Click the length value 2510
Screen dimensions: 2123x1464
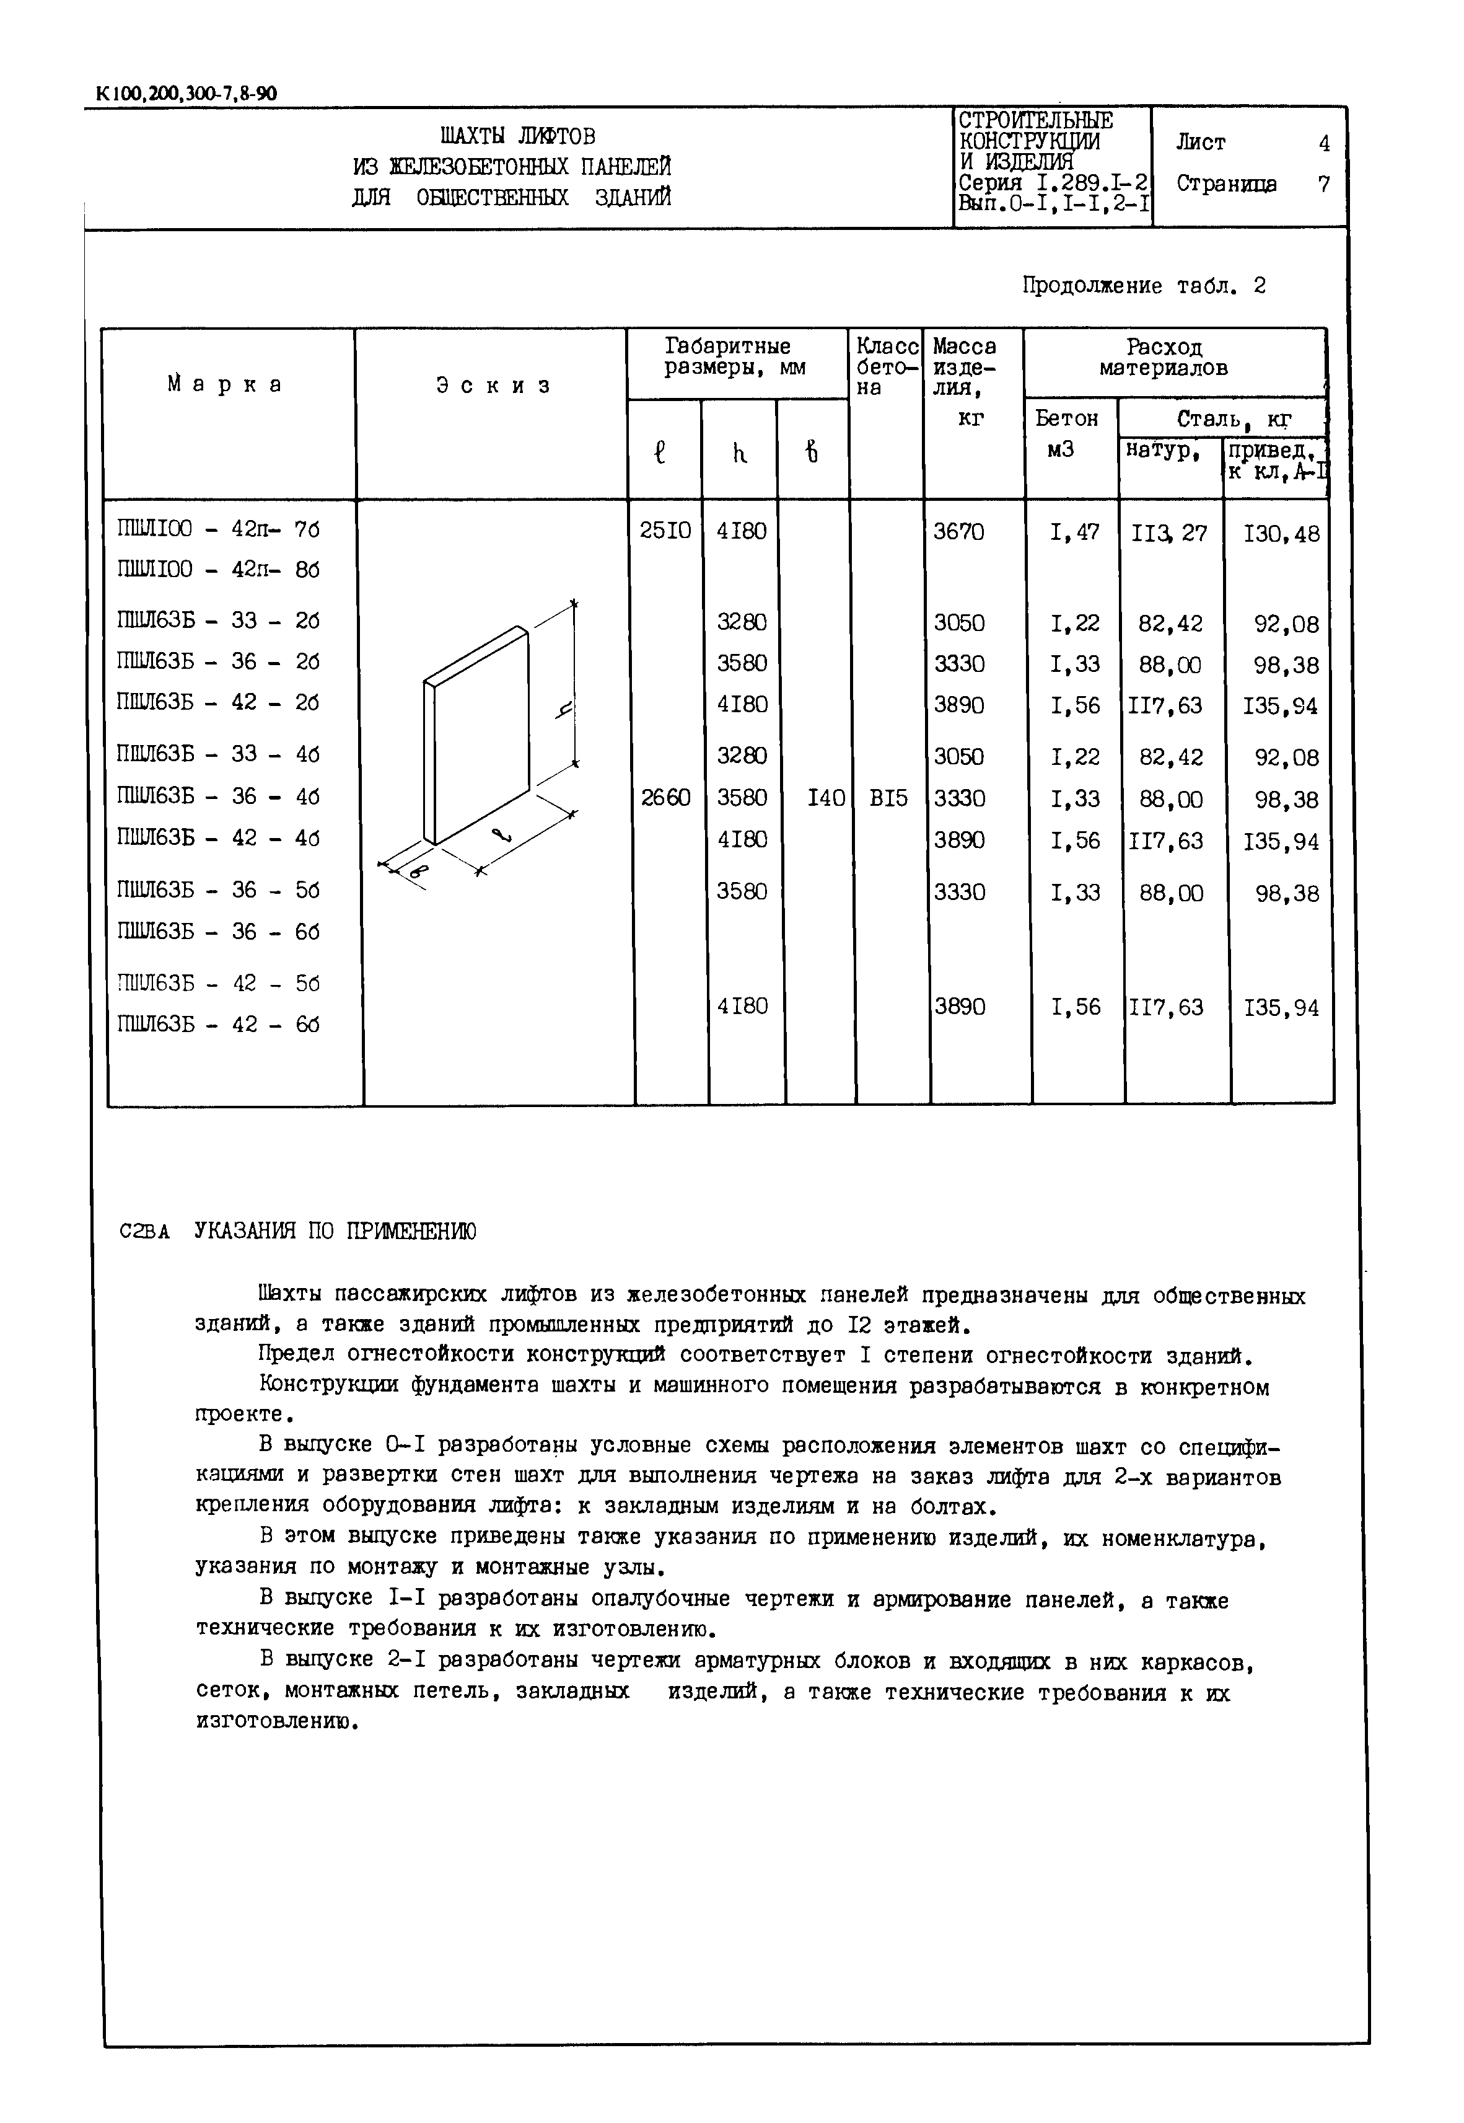[x=664, y=531]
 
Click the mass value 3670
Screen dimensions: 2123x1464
[x=958, y=531]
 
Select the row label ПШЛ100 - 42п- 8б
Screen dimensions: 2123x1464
[x=218, y=570]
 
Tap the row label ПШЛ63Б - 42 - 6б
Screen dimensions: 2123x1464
[x=218, y=1025]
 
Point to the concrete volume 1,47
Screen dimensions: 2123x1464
[x=1074, y=532]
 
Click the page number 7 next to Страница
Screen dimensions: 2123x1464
[x=1323, y=183]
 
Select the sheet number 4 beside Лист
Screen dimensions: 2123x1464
[x=1323, y=143]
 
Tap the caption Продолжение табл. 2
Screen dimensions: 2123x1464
[x=1143, y=286]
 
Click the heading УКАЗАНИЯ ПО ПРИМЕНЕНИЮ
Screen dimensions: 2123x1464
[x=335, y=1231]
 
